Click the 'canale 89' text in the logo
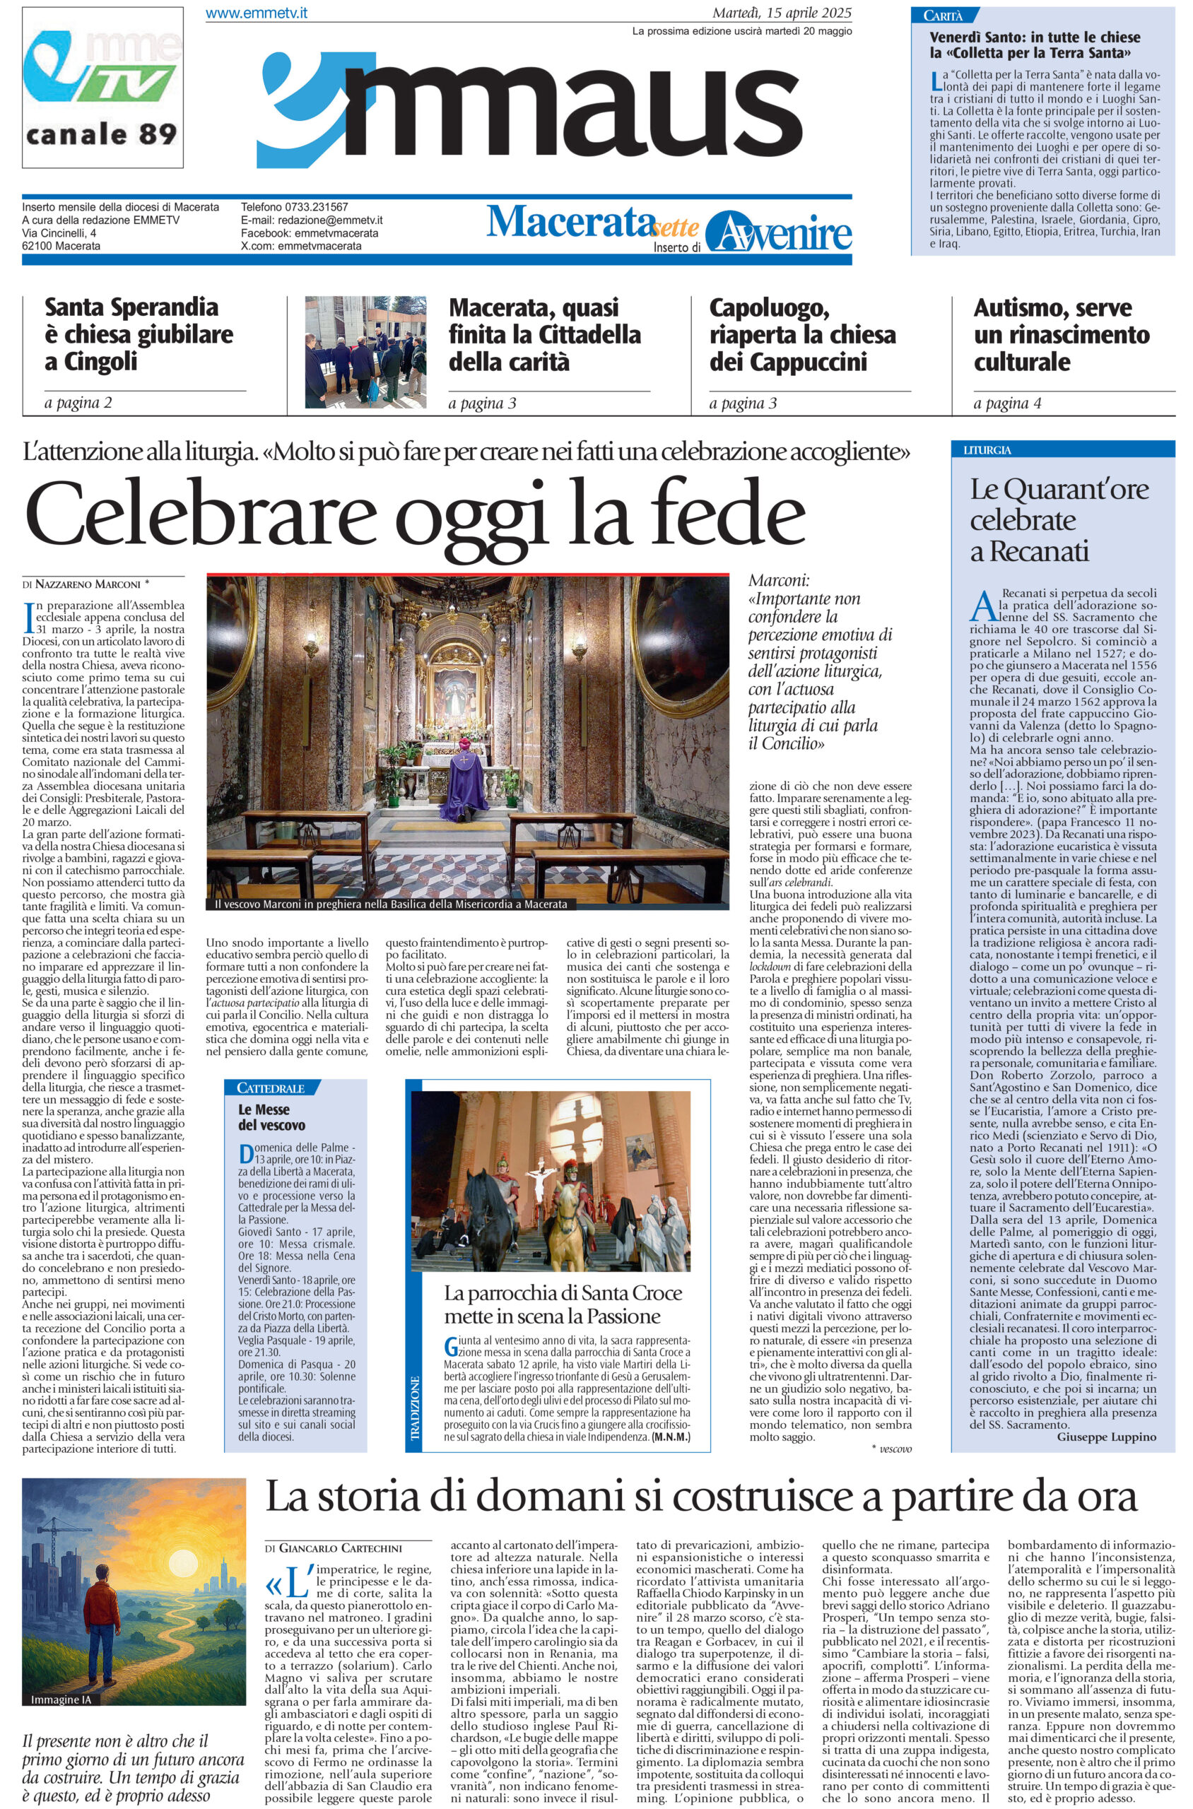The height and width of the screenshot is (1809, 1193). point(101,135)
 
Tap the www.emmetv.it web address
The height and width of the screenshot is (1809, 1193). point(257,13)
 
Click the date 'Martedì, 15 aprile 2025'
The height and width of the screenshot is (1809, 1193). point(782,13)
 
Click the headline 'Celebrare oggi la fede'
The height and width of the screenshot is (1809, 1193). point(416,520)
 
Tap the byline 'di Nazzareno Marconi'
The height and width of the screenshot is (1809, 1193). point(86,584)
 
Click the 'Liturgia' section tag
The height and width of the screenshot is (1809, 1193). point(987,450)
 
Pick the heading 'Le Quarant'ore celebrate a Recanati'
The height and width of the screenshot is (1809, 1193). point(1057,520)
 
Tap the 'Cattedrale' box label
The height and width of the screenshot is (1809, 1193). point(271,1088)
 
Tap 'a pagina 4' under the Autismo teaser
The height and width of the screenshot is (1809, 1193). point(1006,404)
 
